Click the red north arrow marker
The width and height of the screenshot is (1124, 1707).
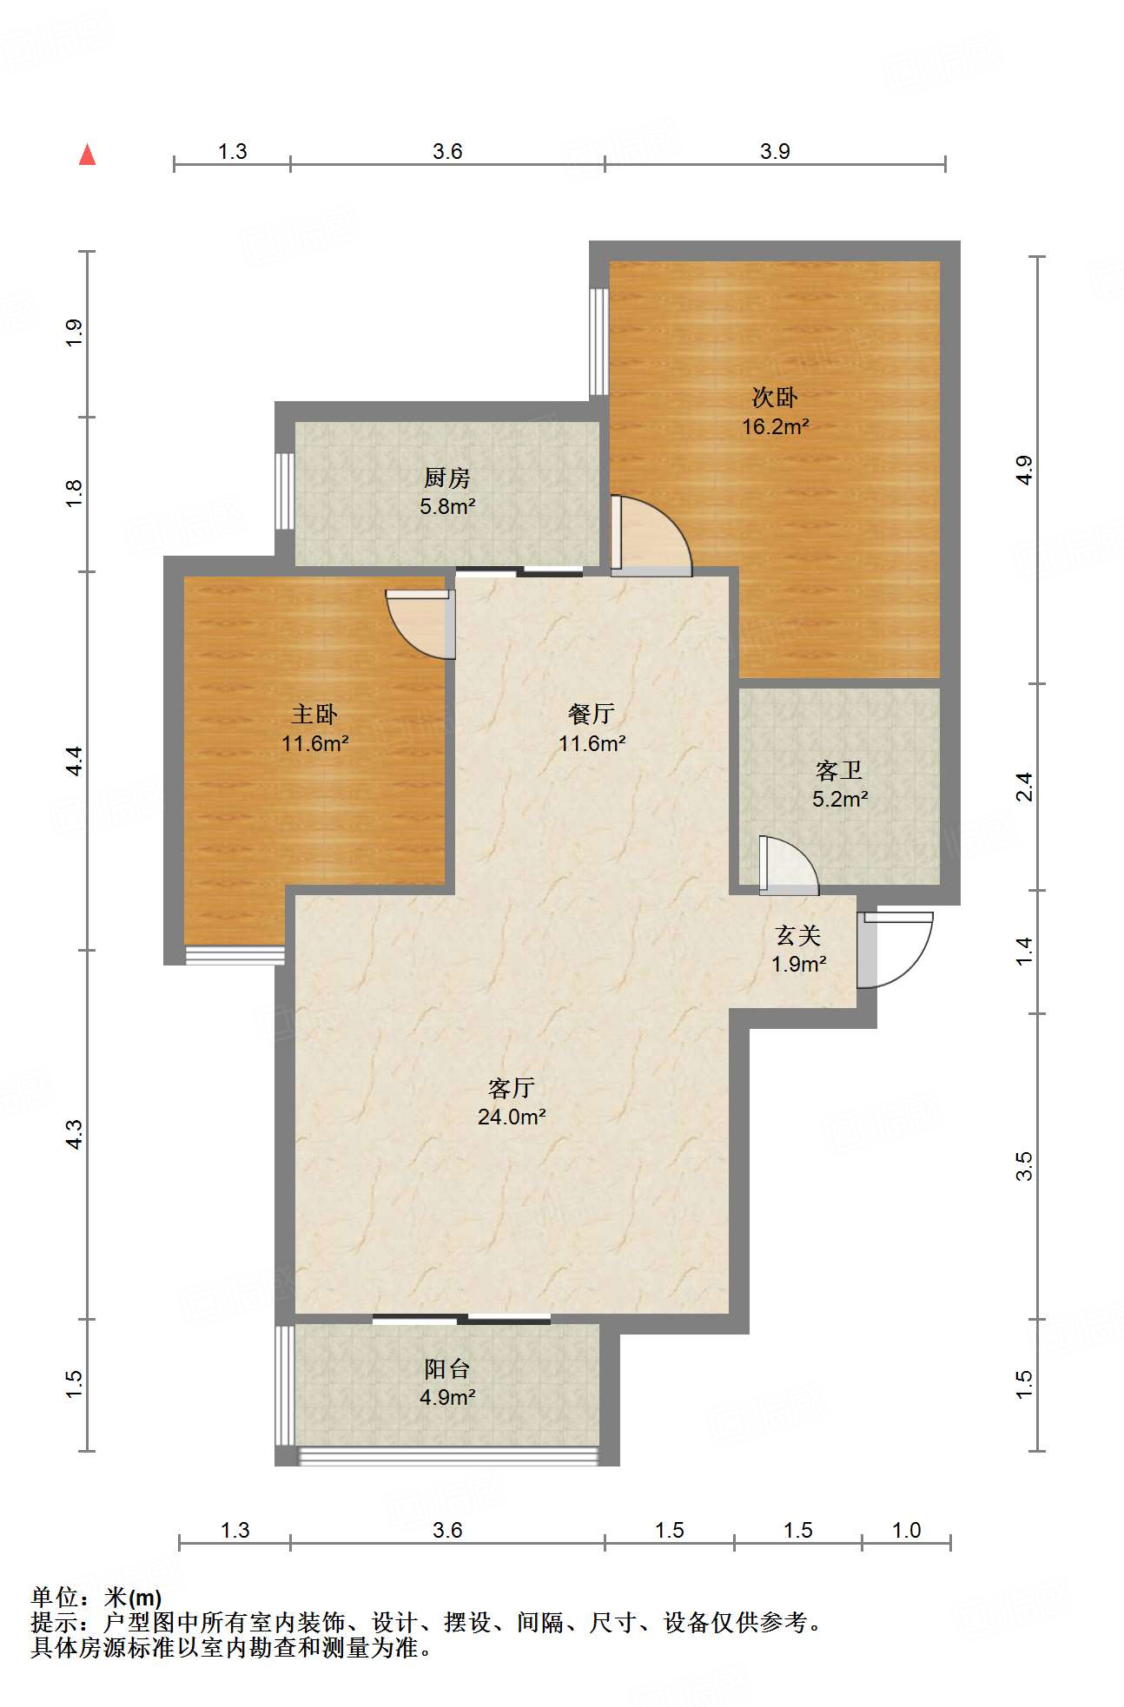[x=87, y=155]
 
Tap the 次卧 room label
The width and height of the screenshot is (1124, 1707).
[x=774, y=398]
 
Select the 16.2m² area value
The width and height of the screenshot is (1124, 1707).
[x=775, y=426]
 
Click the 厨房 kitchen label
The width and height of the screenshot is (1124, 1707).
[x=446, y=477]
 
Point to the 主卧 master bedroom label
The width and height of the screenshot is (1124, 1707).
[x=314, y=714]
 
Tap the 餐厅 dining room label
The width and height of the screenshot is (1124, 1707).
[x=592, y=714]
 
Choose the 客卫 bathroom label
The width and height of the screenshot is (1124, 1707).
[x=839, y=769]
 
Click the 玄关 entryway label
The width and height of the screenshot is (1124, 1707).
[x=797, y=935]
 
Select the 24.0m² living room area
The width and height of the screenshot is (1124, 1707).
[x=511, y=1117]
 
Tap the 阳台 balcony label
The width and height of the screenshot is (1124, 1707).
[x=446, y=1368]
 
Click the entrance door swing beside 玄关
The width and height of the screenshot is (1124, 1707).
[x=899, y=951]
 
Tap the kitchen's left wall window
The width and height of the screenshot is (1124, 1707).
[x=284, y=491]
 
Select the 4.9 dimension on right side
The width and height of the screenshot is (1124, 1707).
[x=1025, y=469]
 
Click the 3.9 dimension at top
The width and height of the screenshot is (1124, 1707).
[x=775, y=151]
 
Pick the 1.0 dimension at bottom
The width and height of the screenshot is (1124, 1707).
[x=906, y=1530]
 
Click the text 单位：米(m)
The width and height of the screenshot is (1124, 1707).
[x=96, y=1597]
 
